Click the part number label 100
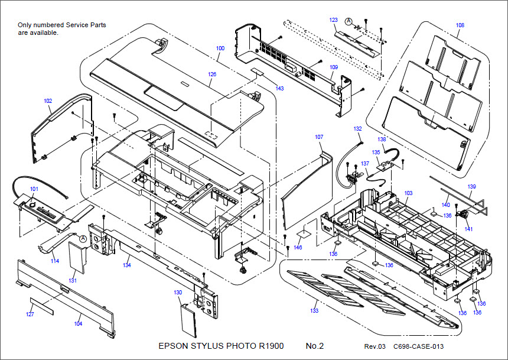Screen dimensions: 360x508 220,47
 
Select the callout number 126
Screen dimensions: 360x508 212,74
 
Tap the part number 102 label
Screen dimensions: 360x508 48,101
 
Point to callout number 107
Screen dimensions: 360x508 319,137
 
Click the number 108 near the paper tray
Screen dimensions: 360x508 460,25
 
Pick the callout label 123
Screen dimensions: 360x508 334,20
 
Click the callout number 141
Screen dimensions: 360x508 468,229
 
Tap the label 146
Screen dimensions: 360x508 298,247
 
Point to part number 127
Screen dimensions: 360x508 30,314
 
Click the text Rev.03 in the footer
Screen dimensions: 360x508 374,346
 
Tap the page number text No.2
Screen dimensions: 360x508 315,346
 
